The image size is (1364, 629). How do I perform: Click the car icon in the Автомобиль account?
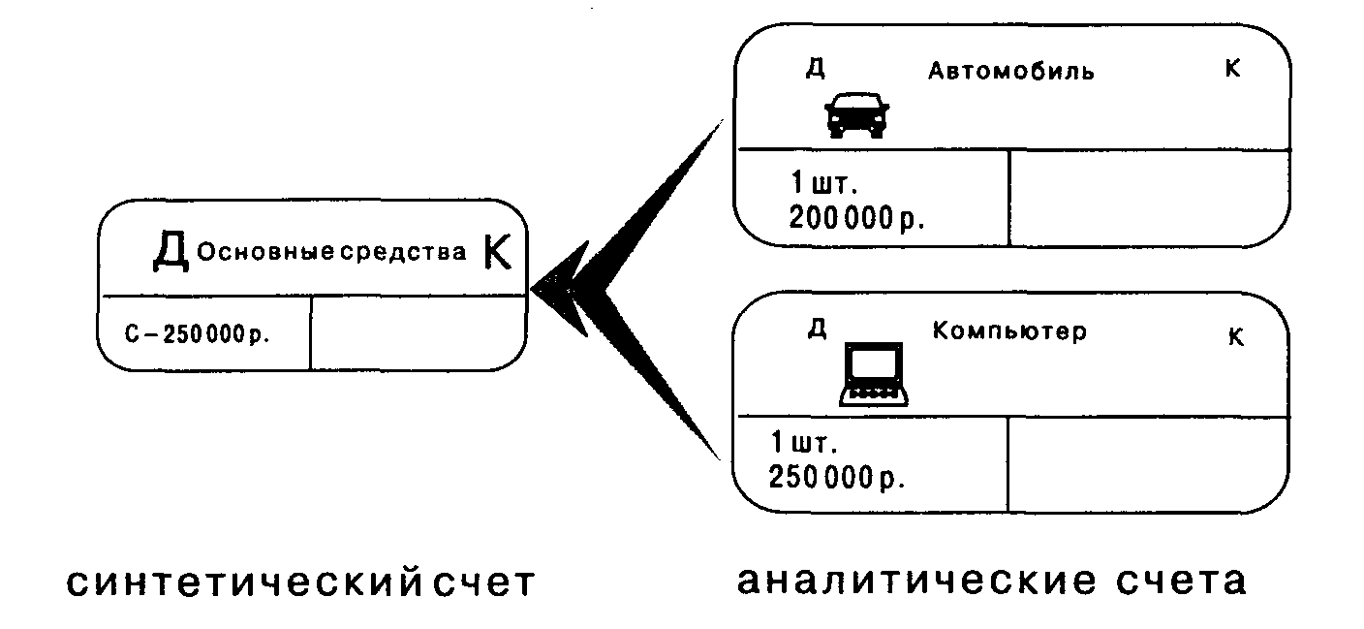[x=856, y=114]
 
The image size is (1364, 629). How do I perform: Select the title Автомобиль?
[x=1011, y=71]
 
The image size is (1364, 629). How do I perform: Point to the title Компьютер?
[x=1009, y=330]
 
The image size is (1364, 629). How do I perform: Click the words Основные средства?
[x=332, y=253]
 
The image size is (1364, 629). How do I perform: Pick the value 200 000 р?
[x=856, y=218]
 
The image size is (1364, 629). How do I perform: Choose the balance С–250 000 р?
[x=197, y=334]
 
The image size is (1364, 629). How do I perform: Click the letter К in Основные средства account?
[x=496, y=253]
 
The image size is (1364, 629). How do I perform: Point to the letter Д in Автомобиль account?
[x=815, y=69]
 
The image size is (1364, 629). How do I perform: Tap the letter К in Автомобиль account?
[x=1233, y=69]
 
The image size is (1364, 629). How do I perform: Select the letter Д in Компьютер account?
[x=817, y=329]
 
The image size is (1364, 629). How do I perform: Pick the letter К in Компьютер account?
[x=1235, y=337]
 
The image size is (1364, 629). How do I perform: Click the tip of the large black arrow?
[x=535, y=288]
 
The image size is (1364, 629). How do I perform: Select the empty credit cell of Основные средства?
[x=417, y=332]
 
